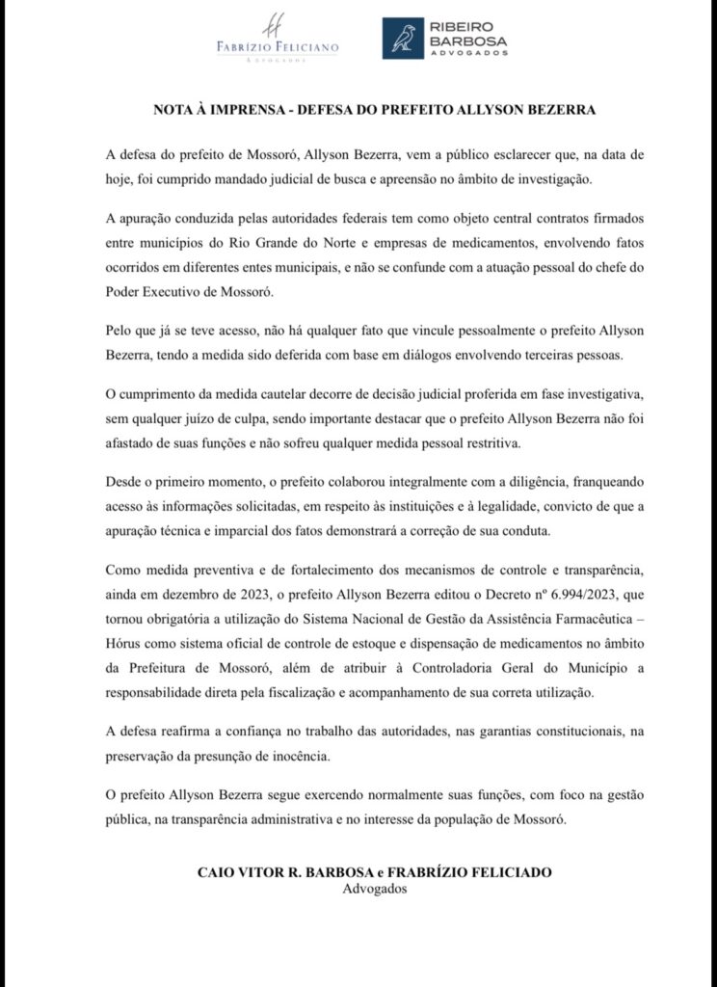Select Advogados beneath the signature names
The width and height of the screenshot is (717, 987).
pyautogui.click(x=376, y=889)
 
